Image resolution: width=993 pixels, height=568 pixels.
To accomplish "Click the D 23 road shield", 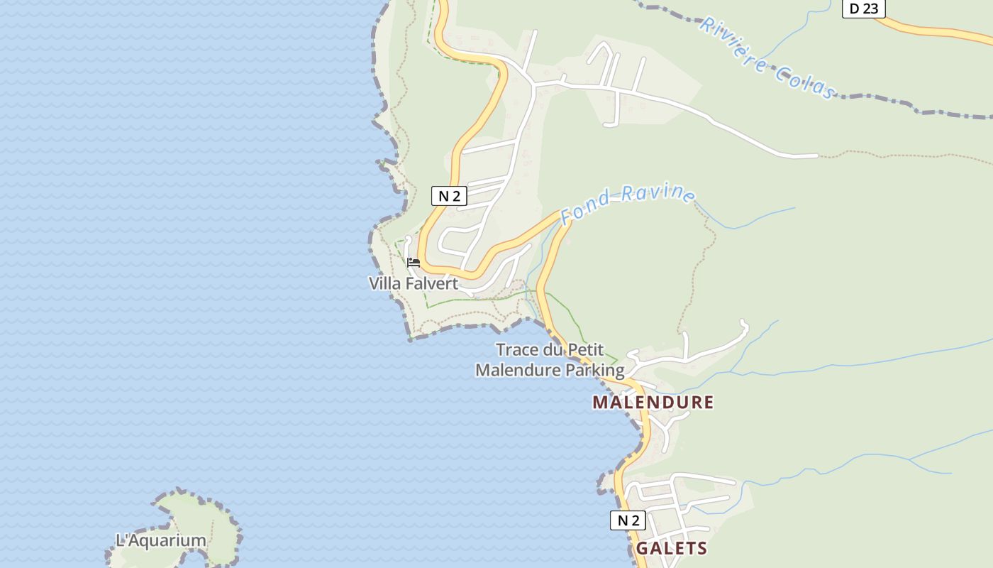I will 863,9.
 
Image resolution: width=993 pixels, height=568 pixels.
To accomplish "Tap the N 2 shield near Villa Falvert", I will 449,196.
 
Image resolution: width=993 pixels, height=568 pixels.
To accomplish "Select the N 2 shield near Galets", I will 628,520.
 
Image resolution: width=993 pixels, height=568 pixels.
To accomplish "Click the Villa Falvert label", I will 414,283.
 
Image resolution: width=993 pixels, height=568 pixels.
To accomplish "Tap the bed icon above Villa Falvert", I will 414,263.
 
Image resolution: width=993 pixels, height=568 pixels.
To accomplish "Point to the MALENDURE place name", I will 653,403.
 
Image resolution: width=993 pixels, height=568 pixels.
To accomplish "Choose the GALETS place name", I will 671,548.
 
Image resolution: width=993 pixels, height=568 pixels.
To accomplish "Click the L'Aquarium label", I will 161,540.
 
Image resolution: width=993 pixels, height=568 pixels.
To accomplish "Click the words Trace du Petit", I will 550,349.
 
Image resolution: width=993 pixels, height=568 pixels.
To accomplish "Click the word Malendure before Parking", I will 518,370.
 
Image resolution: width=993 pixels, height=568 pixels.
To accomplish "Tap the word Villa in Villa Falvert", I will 384,283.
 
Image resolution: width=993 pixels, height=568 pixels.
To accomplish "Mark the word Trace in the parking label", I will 516,349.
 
